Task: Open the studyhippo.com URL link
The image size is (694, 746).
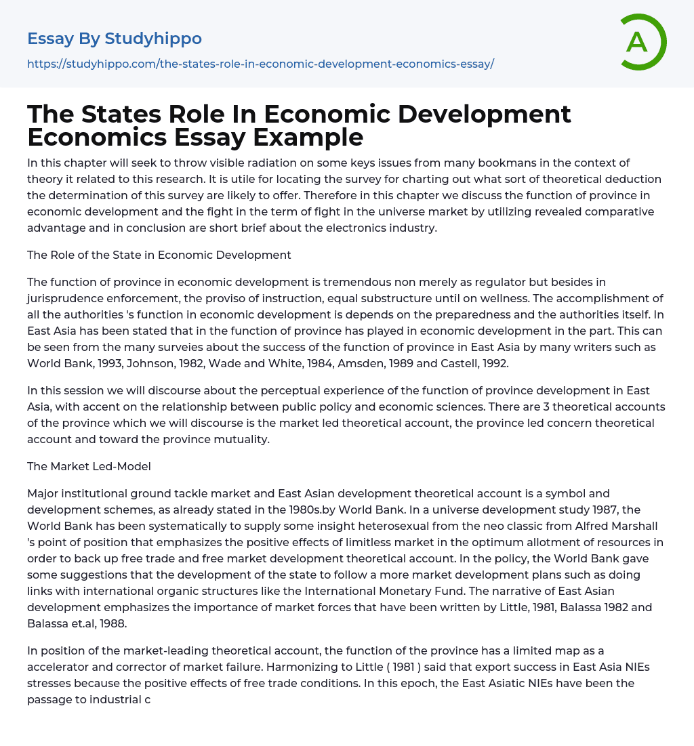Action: tap(260, 64)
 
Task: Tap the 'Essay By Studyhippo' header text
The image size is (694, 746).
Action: tap(115, 39)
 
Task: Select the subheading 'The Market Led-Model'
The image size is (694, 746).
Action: tap(89, 466)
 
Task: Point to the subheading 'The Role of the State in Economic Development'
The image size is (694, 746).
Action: tap(159, 255)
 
